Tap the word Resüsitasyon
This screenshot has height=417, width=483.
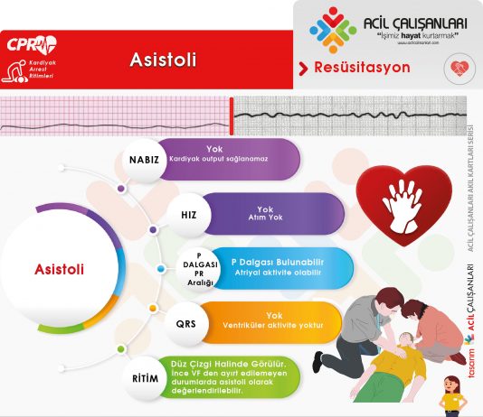(x=361, y=68)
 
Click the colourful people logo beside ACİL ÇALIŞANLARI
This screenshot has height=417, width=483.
(x=333, y=29)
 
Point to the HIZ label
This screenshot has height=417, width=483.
(x=188, y=214)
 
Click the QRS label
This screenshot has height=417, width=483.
(x=187, y=323)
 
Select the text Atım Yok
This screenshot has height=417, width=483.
(x=265, y=217)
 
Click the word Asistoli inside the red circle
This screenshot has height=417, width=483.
(x=60, y=269)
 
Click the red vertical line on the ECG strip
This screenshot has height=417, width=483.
(x=232, y=115)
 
